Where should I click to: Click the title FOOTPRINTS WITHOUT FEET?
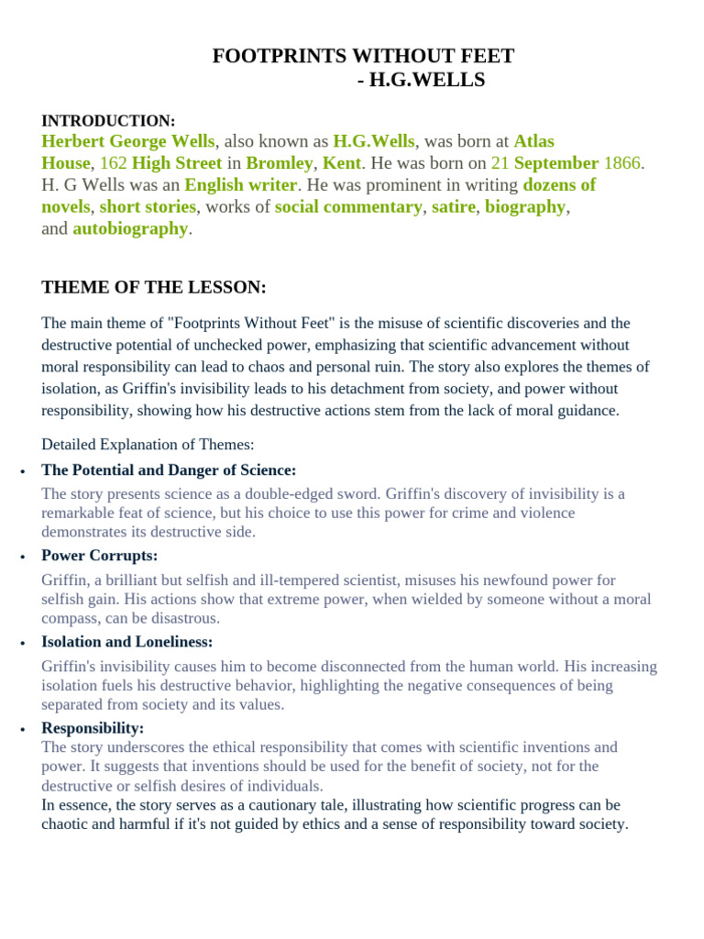(363, 57)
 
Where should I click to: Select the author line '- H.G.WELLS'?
(421, 82)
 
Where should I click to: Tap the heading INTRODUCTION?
(108, 120)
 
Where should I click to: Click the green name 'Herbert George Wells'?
(128, 141)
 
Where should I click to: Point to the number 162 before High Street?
(113, 163)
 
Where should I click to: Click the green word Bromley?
(280, 163)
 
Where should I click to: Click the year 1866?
(621, 163)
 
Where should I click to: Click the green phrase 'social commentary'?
(348, 207)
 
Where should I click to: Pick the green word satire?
(453, 207)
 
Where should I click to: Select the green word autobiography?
(130, 229)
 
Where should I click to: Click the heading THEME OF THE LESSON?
(154, 288)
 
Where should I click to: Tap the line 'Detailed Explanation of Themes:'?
(148, 445)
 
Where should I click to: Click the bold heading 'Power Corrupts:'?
(100, 556)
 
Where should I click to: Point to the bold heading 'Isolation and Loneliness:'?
(126, 642)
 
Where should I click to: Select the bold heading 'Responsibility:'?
(93, 728)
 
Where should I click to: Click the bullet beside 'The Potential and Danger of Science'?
(21, 471)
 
